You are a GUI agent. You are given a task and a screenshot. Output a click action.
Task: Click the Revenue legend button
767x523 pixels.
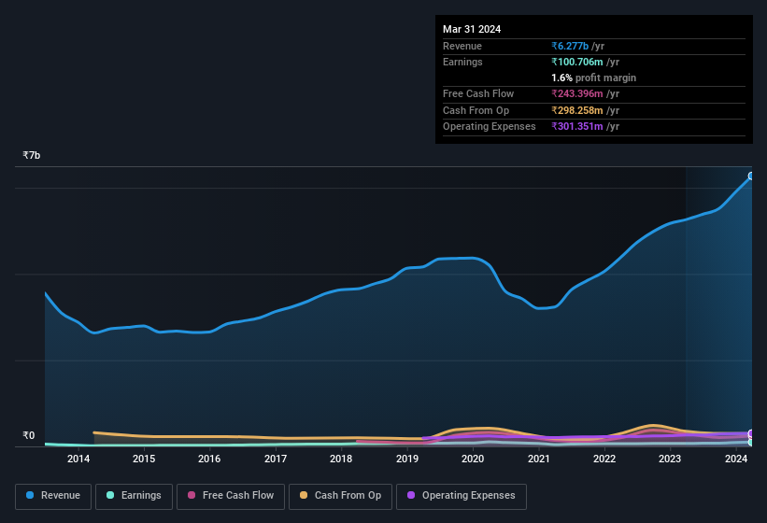54,496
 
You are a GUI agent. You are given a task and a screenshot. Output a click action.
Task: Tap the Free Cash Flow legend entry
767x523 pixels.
231,496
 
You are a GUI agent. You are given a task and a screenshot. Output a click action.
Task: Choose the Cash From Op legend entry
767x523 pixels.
340,496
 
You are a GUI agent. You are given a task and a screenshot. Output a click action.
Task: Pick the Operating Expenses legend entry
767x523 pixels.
462,496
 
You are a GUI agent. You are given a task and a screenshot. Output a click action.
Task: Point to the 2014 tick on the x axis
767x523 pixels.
78,459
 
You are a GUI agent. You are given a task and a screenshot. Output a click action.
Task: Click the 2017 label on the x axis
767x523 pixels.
276,459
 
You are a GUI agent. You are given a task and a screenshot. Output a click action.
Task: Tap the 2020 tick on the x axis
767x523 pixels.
473,459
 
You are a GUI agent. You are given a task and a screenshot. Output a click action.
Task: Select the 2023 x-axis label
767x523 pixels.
670,459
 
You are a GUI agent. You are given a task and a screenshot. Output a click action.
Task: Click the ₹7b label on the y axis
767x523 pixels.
32,155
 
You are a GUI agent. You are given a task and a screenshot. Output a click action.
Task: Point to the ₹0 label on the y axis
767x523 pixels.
28,435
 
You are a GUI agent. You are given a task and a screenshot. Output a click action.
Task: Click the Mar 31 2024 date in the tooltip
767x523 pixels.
472,29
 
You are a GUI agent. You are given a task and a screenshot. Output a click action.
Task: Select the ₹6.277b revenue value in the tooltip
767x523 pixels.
571,46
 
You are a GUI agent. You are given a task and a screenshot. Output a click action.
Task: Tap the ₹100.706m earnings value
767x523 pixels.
577,62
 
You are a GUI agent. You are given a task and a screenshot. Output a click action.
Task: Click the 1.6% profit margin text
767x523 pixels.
593,78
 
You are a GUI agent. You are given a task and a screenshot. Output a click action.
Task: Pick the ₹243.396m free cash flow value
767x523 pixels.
577,93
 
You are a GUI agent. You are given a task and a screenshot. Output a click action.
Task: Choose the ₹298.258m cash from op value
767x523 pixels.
577,110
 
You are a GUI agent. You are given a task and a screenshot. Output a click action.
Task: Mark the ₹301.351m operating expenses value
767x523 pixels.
577,126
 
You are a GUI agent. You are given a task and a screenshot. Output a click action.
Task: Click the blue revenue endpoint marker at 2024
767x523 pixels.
751,177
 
